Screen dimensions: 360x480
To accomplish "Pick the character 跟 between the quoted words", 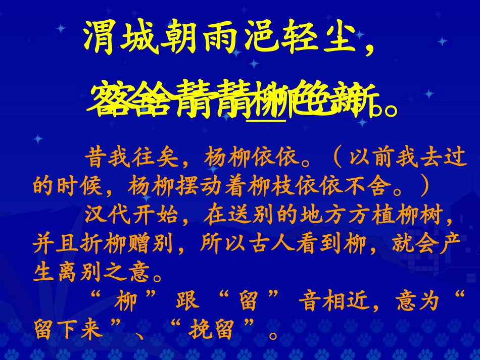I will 184,303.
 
